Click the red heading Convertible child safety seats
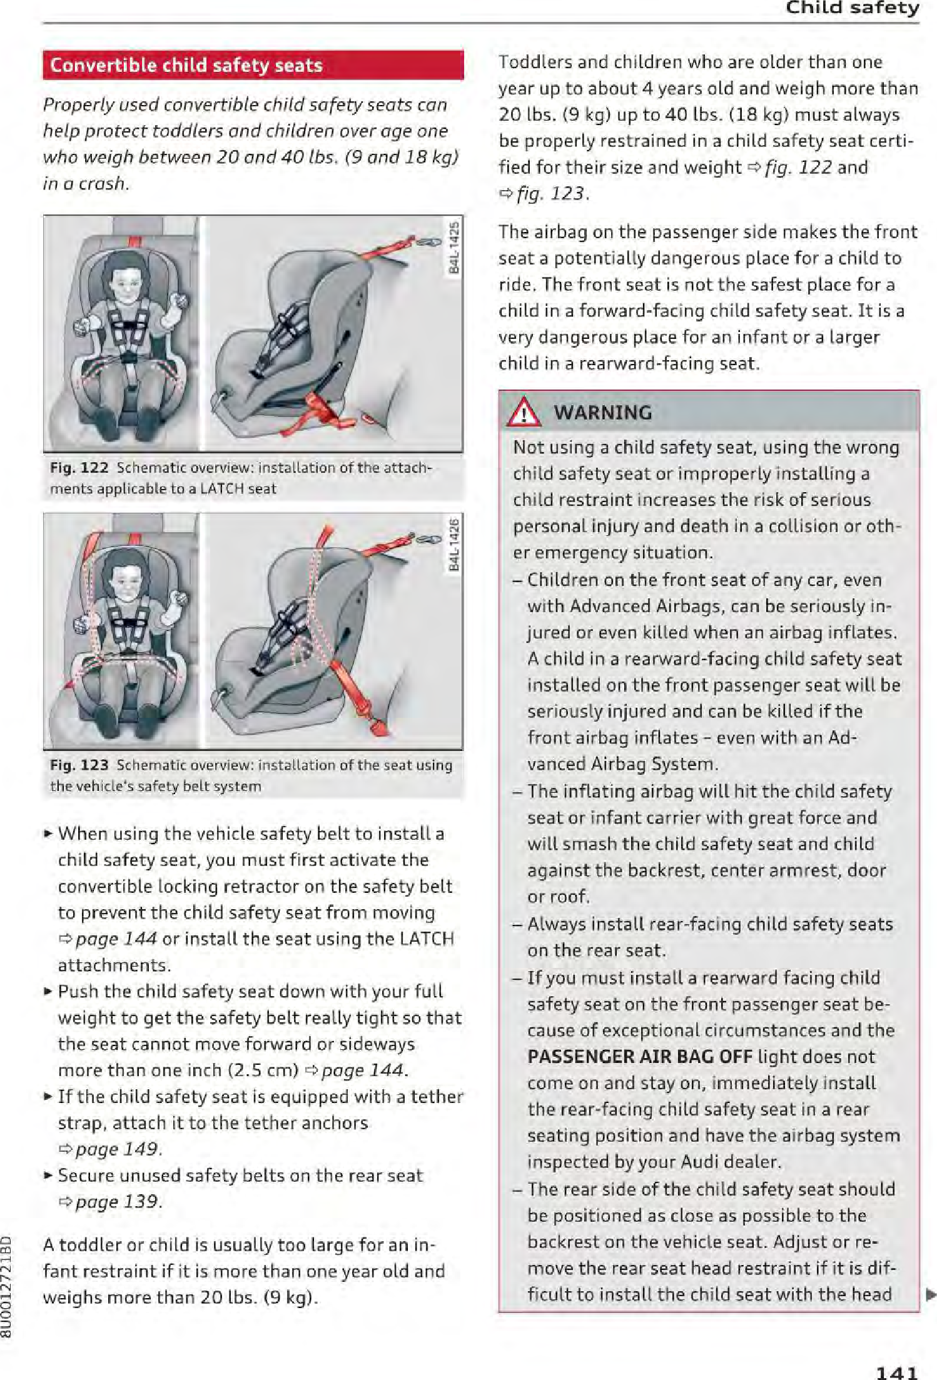(x=186, y=66)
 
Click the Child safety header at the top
(x=852, y=8)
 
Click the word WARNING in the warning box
(x=603, y=413)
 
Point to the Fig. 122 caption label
(x=79, y=468)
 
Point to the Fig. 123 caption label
(x=79, y=765)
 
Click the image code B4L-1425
(x=454, y=247)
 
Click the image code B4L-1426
(x=454, y=544)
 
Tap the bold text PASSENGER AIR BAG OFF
(x=639, y=1057)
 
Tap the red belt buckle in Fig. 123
(x=377, y=725)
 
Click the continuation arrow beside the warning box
(x=930, y=1294)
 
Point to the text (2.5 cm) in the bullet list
(x=263, y=1070)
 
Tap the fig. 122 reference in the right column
(x=798, y=168)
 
